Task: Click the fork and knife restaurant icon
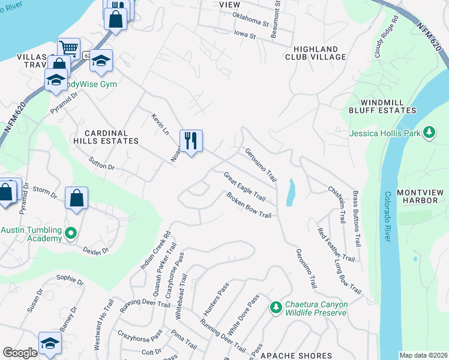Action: pyautogui.click(x=191, y=141)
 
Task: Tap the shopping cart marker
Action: pyautogui.click(x=68, y=47)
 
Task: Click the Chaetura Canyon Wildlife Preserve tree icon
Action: pyautogui.click(x=276, y=308)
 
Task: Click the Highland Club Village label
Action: pyautogui.click(x=319, y=53)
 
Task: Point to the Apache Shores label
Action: pyautogui.click(x=296, y=356)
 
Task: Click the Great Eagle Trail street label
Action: pyautogui.click(x=244, y=187)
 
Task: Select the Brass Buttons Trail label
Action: pyautogui.click(x=357, y=219)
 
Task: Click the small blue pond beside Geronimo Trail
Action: pyautogui.click(x=291, y=193)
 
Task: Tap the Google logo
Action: pyautogui.click(x=20, y=353)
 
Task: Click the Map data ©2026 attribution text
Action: pyautogui.click(x=423, y=355)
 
